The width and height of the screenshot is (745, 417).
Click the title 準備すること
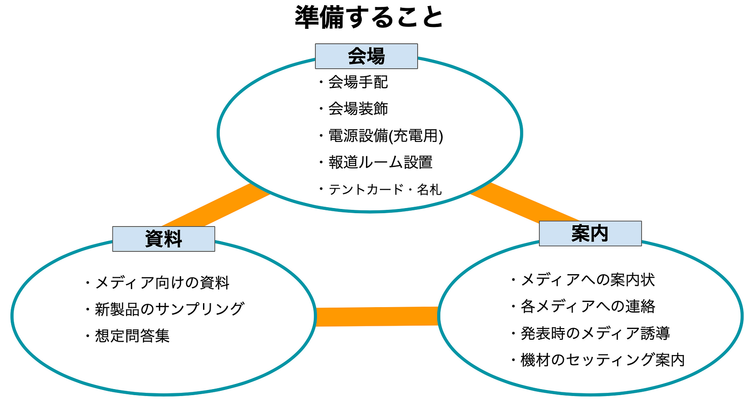[x=369, y=17]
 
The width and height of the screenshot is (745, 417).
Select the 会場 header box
[x=366, y=56]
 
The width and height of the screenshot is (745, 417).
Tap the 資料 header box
[x=163, y=239]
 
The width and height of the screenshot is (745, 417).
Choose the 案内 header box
[x=590, y=234]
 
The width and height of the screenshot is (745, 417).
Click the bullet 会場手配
[x=354, y=82]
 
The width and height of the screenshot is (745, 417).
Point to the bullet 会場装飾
[x=354, y=109]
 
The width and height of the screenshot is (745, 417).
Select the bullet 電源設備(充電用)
[x=381, y=136]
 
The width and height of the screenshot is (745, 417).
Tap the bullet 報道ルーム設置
[x=376, y=162]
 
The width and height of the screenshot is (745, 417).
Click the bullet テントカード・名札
[x=380, y=189]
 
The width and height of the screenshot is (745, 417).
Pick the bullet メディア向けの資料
[x=157, y=282]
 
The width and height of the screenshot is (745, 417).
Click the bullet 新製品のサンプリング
[x=165, y=309]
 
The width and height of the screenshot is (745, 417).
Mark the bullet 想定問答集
[x=128, y=336]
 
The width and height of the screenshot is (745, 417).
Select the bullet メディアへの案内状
[x=583, y=280]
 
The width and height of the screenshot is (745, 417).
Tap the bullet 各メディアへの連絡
[x=583, y=306]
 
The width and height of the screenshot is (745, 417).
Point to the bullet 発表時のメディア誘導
[x=591, y=333]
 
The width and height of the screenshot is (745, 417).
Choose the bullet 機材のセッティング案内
[x=598, y=360]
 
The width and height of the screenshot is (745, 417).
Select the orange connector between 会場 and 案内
[x=525, y=202]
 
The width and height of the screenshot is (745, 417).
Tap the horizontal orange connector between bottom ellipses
[x=377, y=316]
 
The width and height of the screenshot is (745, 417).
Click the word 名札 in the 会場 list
[x=429, y=189]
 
